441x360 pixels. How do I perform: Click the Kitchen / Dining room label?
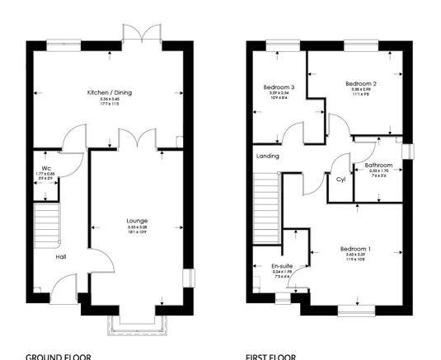tap(110, 93)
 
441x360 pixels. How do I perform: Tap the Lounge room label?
tap(136, 221)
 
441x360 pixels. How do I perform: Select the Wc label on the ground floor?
tap(46, 166)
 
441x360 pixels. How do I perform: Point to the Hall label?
tap(60, 257)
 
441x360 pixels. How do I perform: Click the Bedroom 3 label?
tap(279, 87)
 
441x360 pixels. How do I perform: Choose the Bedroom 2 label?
tap(360, 84)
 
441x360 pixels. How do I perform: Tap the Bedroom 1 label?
tap(357, 250)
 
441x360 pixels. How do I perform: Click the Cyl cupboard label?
tap(340, 179)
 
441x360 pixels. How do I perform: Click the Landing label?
tap(268, 156)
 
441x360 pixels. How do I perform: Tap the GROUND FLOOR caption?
tap(58, 356)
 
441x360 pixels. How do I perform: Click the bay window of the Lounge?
tap(136, 325)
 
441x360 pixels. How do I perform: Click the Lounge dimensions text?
tap(136, 230)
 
